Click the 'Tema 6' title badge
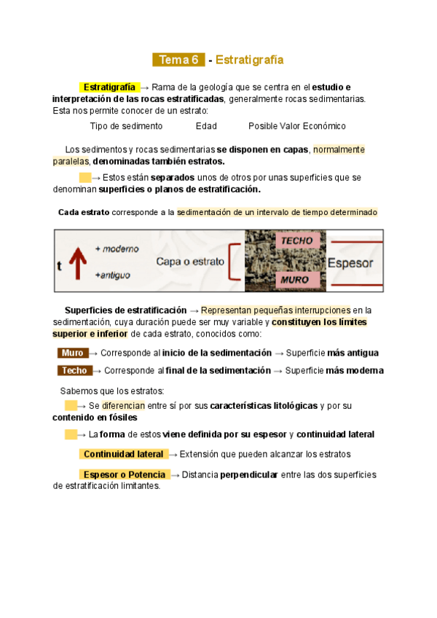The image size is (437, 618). click(x=178, y=60)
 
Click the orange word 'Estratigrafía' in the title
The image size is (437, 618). click(x=250, y=60)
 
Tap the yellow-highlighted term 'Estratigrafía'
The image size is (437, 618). click(x=109, y=87)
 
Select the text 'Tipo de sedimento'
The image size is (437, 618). click(x=126, y=126)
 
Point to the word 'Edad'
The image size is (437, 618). click(x=206, y=126)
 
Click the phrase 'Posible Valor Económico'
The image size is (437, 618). click(x=297, y=126)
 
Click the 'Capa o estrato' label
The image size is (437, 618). click(x=189, y=261)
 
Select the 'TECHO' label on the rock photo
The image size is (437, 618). click(x=296, y=240)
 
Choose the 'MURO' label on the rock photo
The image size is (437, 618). click(x=295, y=279)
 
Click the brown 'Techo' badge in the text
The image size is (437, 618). click(x=74, y=370)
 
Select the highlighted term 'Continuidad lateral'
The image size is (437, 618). click(x=123, y=454)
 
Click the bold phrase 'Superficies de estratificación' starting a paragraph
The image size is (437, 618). click(x=125, y=310)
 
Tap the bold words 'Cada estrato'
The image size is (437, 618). click(x=83, y=212)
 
